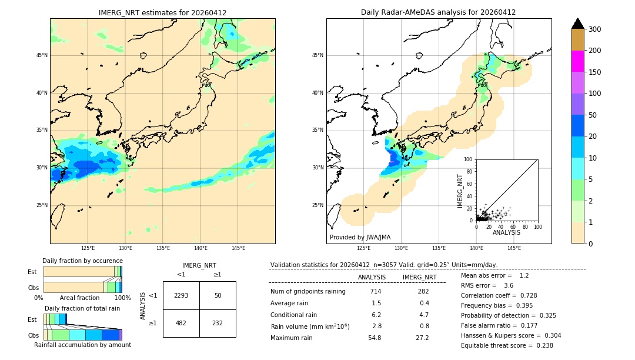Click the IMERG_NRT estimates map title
coord(163,12)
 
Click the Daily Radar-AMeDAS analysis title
coord(438,12)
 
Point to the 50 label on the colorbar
coord(594,115)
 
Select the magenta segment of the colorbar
coord(577,61)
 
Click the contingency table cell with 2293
coord(181,295)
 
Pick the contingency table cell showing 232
coord(218,323)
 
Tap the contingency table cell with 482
coord(181,323)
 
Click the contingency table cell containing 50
coord(218,295)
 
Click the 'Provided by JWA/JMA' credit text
coord(360,237)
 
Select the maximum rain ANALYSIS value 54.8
coord(375,338)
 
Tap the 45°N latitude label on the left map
coord(42,55)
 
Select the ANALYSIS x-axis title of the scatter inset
coord(506,232)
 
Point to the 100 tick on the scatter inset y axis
coord(469,159)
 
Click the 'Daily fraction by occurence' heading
coord(82,261)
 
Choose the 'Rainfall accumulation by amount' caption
coord(82,345)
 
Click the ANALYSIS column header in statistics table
coord(372,277)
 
